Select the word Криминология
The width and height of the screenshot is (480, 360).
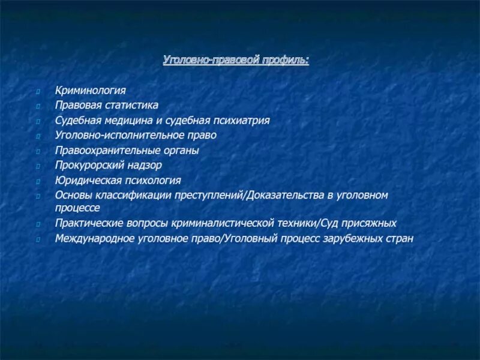coord(91,91)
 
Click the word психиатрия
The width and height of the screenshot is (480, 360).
coord(240,121)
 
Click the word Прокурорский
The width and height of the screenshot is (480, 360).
coord(88,165)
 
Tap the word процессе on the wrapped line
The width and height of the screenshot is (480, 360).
coord(77,208)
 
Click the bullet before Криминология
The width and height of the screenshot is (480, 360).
coord(38,92)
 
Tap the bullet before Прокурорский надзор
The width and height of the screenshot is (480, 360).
coord(38,166)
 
